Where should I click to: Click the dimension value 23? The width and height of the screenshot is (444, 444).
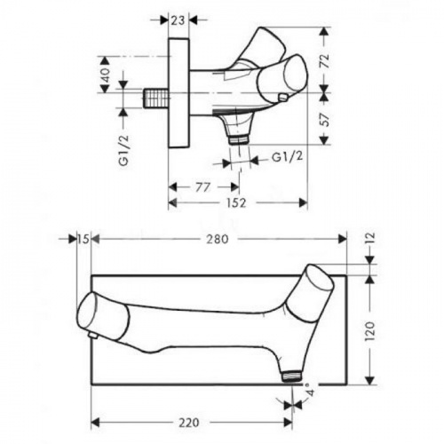click(x=178, y=20)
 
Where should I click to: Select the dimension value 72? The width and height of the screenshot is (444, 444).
click(x=325, y=61)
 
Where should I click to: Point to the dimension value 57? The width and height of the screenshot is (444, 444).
click(x=325, y=119)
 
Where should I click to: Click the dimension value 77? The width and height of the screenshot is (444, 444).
click(x=202, y=187)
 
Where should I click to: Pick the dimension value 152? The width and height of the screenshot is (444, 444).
click(x=236, y=202)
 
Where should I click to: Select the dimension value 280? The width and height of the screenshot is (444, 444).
click(x=218, y=239)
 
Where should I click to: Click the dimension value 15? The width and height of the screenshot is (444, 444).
click(x=83, y=239)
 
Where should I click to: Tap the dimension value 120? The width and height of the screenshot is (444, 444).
click(x=370, y=331)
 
